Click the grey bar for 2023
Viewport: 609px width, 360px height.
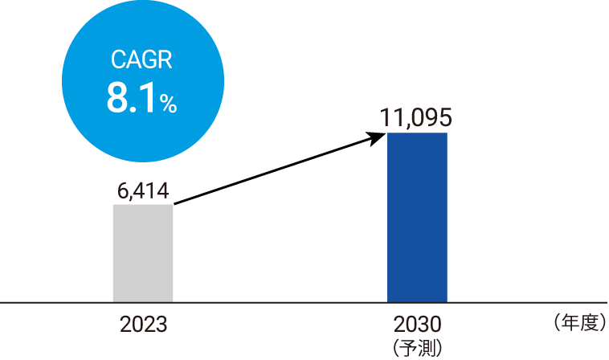click(x=143, y=253)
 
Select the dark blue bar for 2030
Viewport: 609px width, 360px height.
click(x=417, y=218)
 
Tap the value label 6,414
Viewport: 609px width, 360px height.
click(x=143, y=191)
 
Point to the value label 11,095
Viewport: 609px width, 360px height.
click(x=415, y=117)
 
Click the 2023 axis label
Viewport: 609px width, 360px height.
click(x=143, y=325)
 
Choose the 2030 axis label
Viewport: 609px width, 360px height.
click(x=418, y=325)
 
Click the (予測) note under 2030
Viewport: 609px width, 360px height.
click(x=418, y=348)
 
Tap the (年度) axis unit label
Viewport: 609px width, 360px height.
click(x=579, y=323)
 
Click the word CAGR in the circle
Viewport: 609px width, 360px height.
click(x=141, y=59)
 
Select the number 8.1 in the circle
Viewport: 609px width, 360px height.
click(x=132, y=99)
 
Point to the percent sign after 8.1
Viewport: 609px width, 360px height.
click(x=168, y=104)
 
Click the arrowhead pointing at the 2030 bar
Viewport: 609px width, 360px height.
click(x=377, y=137)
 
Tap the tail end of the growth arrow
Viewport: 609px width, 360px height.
click(x=174, y=203)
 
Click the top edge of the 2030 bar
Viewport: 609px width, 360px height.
click(x=417, y=133)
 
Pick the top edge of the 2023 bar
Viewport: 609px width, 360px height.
click(x=143, y=205)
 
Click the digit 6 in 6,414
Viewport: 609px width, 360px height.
click(x=122, y=190)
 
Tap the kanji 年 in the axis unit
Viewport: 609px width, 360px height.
click(x=570, y=323)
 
